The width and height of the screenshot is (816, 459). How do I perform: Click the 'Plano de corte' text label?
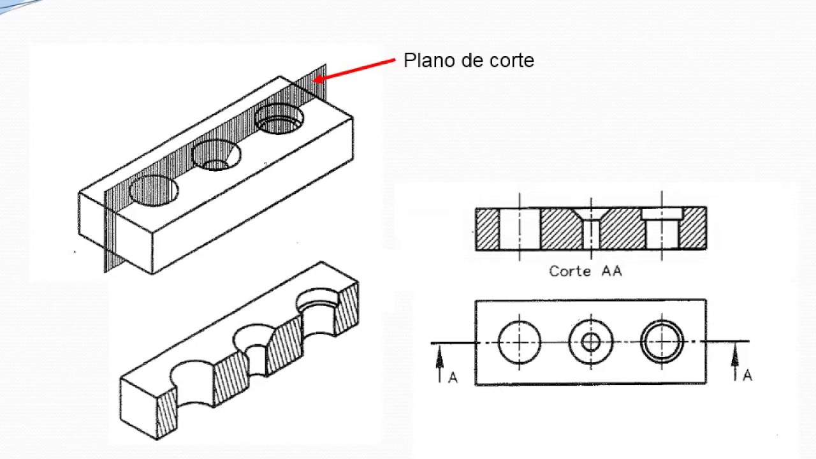pos(469,61)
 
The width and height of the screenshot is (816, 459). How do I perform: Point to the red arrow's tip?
pos(314,81)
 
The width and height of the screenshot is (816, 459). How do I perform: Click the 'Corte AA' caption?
pos(585,271)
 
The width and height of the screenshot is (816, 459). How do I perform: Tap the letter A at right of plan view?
pos(747,375)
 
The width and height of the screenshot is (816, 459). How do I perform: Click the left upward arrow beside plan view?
pos(439,363)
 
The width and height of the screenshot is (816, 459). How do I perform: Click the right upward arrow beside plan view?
pos(734,363)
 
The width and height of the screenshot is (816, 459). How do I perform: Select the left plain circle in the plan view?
pos(520,342)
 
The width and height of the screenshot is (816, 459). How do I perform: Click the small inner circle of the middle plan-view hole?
pos(591,342)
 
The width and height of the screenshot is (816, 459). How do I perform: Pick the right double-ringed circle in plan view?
pos(662,342)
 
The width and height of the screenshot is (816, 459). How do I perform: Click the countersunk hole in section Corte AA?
pos(592,228)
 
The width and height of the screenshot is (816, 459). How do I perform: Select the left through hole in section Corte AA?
pos(520,228)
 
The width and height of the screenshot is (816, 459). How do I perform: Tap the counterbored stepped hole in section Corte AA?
pos(662,228)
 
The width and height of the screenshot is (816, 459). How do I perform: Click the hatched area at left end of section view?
pos(488,228)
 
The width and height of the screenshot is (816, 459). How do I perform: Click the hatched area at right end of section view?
pos(693,228)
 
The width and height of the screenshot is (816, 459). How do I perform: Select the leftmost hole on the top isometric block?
pos(154,191)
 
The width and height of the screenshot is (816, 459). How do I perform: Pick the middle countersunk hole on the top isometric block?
pos(216,155)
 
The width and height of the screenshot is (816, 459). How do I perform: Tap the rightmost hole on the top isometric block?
pos(279,119)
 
